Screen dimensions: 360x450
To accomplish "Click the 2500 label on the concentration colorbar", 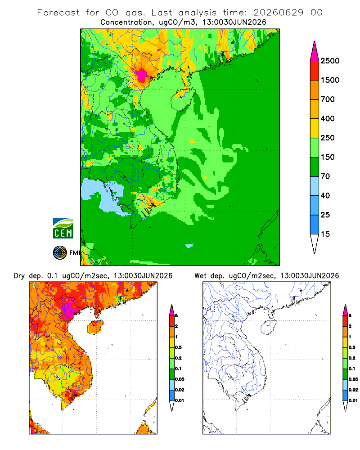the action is tap(330, 61).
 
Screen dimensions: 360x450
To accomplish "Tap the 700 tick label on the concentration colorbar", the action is tap(328, 99).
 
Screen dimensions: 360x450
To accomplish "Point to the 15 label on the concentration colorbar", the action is tap(325, 234).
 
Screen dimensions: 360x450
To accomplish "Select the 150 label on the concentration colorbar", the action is tap(328, 157).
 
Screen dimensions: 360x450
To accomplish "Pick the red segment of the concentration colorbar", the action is tap(315, 71).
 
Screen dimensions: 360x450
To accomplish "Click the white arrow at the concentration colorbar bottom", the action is tap(315, 243).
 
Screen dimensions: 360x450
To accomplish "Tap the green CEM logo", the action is tap(63, 229).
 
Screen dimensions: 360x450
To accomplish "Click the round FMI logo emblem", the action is tap(60, 253).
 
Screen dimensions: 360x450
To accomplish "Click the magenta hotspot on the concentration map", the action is tap(141, 76).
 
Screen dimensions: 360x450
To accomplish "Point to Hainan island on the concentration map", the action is tap(182, 99).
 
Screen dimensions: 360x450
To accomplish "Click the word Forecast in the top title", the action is tap(58, 13).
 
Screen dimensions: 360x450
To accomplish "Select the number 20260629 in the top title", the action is tap(278, 13).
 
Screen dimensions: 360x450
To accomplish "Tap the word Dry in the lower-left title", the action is tap(19, 276).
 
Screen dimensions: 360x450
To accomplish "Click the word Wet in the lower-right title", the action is tap(200, 276).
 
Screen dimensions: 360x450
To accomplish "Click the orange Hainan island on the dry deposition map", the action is tap(95, 328).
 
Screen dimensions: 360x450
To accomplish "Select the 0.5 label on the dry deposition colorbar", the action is tap(178, 347).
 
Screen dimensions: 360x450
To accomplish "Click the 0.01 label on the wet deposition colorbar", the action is tap(353, 400).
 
